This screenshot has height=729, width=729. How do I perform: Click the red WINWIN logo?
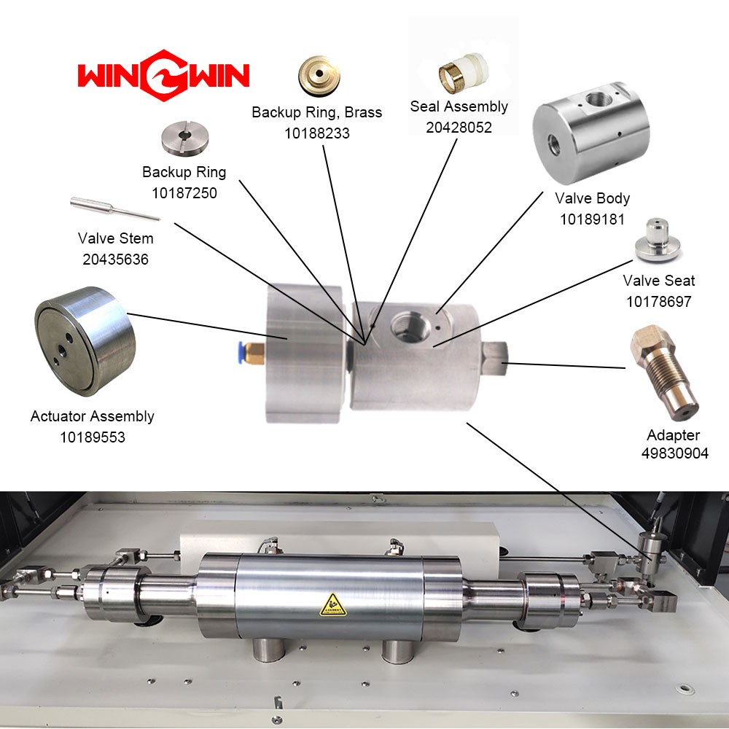coord(163,75)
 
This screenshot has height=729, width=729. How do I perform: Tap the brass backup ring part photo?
coord(319,76)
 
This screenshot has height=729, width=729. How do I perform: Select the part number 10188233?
coord(316,133)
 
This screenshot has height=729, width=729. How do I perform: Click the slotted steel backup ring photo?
coord(185,138)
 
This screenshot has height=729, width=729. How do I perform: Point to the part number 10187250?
coord(184,193)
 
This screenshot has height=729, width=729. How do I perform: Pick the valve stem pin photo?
coord(115,208)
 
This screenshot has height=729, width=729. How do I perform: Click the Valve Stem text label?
coord(115,238)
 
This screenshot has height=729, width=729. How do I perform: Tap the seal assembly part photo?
coord(463,73)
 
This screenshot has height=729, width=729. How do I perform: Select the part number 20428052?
coord(459,128)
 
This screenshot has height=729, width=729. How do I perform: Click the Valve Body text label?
coord(592,198)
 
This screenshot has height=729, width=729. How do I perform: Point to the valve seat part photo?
coord(658,240)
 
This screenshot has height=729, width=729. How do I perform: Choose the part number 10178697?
coord(659,302)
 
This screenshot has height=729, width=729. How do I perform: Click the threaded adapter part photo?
coord(664,373)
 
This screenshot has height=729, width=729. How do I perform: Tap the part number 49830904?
coord(674,453)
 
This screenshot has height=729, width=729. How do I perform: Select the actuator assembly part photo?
coord(85,341)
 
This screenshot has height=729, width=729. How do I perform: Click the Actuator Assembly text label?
coord(92,416)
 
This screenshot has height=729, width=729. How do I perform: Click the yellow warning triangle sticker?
coord(333,604)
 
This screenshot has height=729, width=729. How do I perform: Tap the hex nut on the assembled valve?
coord(494,358)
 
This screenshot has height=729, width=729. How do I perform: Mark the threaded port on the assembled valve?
coord(410,327)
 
